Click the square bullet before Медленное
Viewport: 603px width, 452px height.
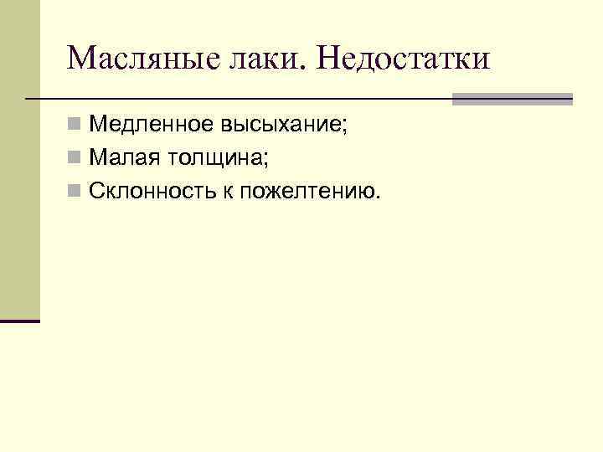pyautogui.click(x=75, y=126)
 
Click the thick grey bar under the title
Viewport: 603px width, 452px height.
pyautogui.click(x=512, y=99)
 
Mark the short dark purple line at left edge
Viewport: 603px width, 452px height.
pyautogui.click(x=20, y=321)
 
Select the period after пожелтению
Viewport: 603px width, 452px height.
pyautogui.click(x=378, y=196)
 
